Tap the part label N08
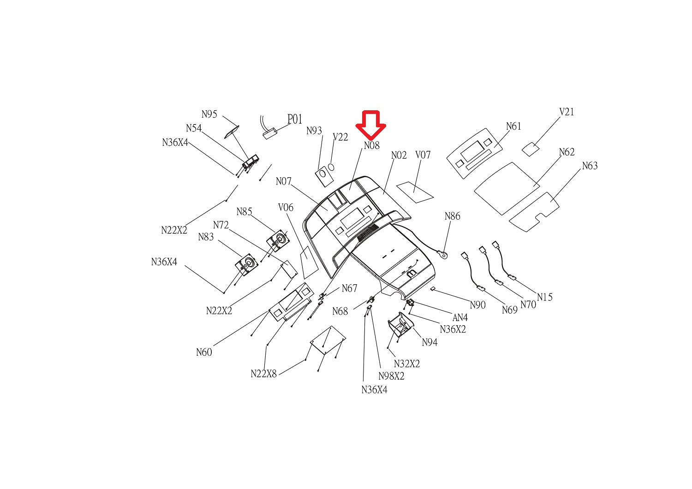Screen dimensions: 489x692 [x=371, y=145]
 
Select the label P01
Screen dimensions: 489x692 [x=295, y=119]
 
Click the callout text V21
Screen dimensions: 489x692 [x=567, y=112]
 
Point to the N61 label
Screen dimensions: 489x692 [x=513, y=126]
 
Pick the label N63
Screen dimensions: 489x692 [x=590, y=166]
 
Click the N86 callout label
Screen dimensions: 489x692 [x=452, y=216]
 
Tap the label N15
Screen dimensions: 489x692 [x=544, y=297]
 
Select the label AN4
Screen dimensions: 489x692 [x=460, y=317]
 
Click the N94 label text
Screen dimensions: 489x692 [x=430, y=342]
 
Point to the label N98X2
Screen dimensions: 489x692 [x=391, y=376]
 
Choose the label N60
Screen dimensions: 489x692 [x=204, y=352]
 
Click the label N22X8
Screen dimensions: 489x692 [x=263, y=374]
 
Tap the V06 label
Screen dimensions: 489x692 [x=286, y=208]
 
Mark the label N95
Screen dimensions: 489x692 [x=209, y=114]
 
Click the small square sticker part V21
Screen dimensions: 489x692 [x=531, y=149]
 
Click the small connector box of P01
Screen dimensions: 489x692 [x=270, y=133]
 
